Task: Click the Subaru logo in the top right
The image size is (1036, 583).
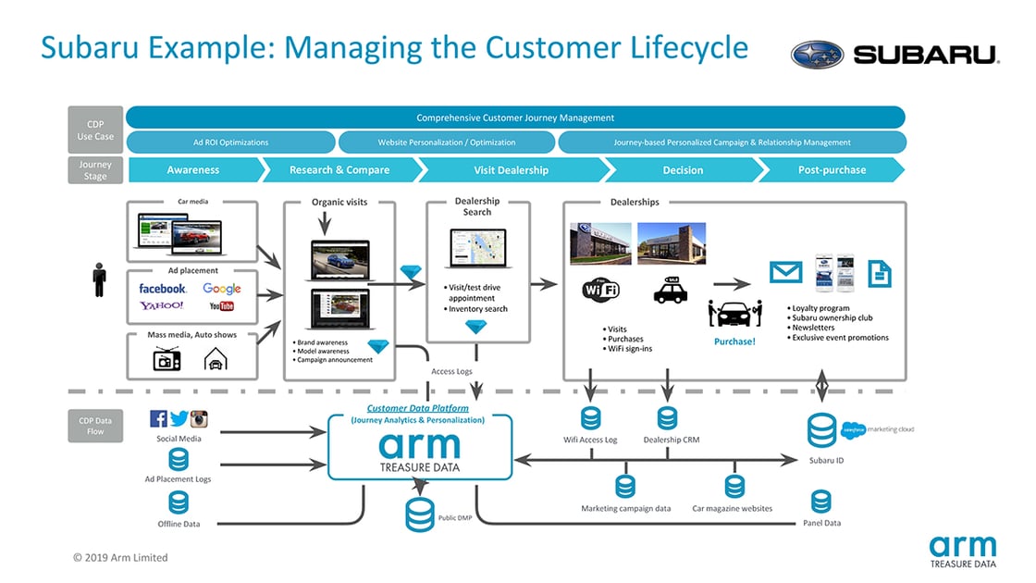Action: point(894,54)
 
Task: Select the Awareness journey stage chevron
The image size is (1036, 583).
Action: point(193,170)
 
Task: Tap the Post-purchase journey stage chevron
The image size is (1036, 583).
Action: point(832,170)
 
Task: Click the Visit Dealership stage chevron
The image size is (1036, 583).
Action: point(511,170)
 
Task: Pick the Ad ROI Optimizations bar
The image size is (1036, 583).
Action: point(230,143)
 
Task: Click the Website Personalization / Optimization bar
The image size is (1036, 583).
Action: point(447,143)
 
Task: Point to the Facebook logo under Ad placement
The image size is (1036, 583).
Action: point(163,289)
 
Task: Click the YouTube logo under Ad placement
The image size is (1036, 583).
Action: point(221,306)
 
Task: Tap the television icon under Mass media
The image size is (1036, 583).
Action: point(166,360)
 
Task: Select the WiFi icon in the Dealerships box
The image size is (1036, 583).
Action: point(600,289)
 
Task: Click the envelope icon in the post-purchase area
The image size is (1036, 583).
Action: point(786,272)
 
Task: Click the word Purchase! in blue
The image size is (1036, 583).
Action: point(734,341)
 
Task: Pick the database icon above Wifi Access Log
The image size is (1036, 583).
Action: point(590,418)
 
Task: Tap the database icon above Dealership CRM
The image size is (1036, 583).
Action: point(668,418)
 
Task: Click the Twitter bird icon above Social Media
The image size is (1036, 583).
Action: point(179,418)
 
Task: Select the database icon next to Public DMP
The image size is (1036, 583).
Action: point(419,515)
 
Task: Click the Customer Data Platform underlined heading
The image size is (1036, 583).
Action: point(417,408)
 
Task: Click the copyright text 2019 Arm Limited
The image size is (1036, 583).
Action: point(120,558)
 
